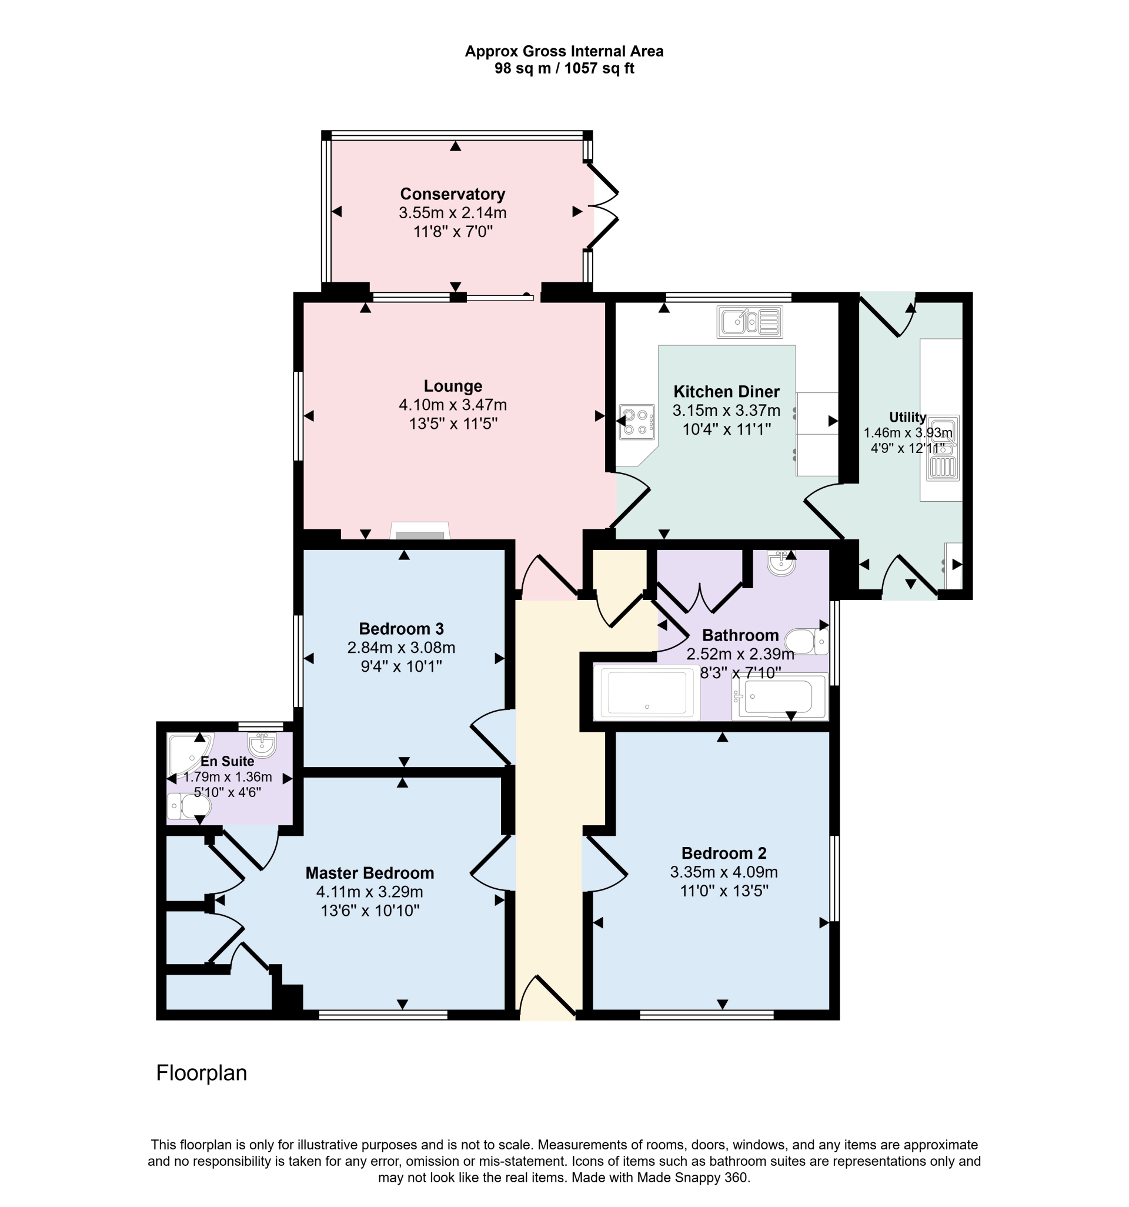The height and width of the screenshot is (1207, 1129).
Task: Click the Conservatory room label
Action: [452, 194]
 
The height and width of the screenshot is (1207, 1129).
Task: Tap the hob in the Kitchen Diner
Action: [637, 422]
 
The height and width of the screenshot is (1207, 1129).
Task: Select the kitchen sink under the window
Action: [750, 322]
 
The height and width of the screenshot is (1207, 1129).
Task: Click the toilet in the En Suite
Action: [189, 806]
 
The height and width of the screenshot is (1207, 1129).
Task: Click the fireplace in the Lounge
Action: [420, 531]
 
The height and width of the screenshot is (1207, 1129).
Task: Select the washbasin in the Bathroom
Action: [781, 563]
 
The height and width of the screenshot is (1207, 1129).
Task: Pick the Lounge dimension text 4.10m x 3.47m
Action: [453, 405]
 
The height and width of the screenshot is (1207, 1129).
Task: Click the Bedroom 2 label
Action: [723, 853]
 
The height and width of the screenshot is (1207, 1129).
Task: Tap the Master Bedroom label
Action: [370, 873]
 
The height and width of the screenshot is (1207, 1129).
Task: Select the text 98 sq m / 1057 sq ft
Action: [564, 69]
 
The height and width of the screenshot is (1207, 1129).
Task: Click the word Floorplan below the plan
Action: [202, 1073]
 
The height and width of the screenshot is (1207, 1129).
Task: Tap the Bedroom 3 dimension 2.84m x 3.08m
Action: [401, 648]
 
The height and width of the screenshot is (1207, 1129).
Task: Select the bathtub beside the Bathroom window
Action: [779, 698]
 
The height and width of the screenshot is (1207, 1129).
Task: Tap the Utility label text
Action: [907, 417]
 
